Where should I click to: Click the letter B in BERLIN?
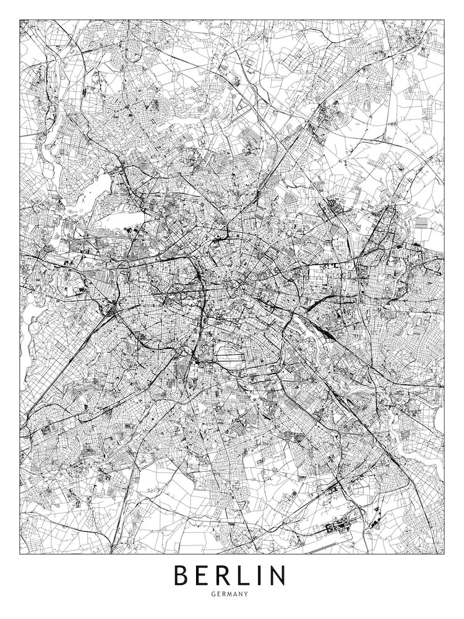click(181, 575)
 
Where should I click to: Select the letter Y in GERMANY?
click(246, 594)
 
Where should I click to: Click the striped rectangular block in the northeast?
click(421, 222)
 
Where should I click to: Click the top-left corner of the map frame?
click(20, 20)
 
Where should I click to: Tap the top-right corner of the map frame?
click(444, 20)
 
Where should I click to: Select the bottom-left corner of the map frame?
click(20, 553)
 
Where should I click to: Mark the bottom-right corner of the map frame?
click(444, 553)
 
